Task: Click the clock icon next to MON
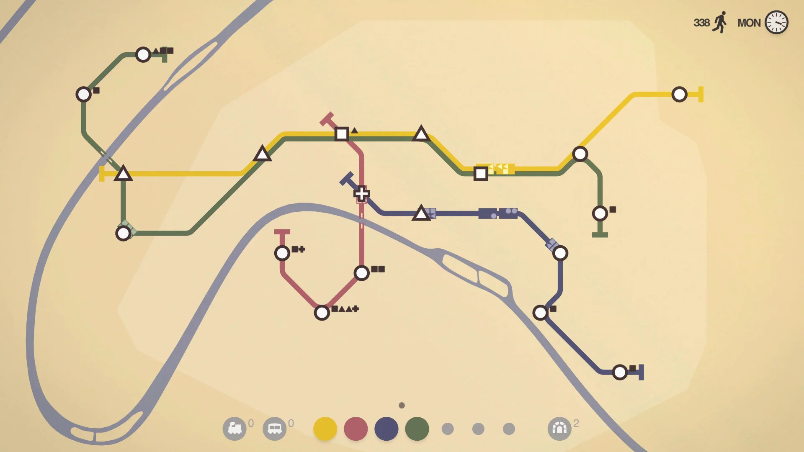coord(776,23)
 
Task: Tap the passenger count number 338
coord(701,23)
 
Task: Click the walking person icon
coord(720,22)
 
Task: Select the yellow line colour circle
coord(325,429)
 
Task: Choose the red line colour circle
coord(356,429)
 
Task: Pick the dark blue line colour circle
coord(386,429)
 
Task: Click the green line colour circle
coord(417,429)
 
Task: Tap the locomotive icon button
coord(234,429)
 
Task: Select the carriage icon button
coord(275,429)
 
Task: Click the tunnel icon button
coord(559,429)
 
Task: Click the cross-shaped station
coord(361,193)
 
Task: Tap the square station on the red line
coord(342,134)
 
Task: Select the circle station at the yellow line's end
coord(679,94)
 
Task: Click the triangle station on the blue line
coord(421,213)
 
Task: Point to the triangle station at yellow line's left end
coord(123,174)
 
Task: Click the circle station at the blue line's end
coord(620,372)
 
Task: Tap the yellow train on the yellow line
coord(501,169)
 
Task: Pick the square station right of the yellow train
coord(481,173)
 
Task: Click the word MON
coord(749,23)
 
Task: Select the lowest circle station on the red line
coord(322,313)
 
